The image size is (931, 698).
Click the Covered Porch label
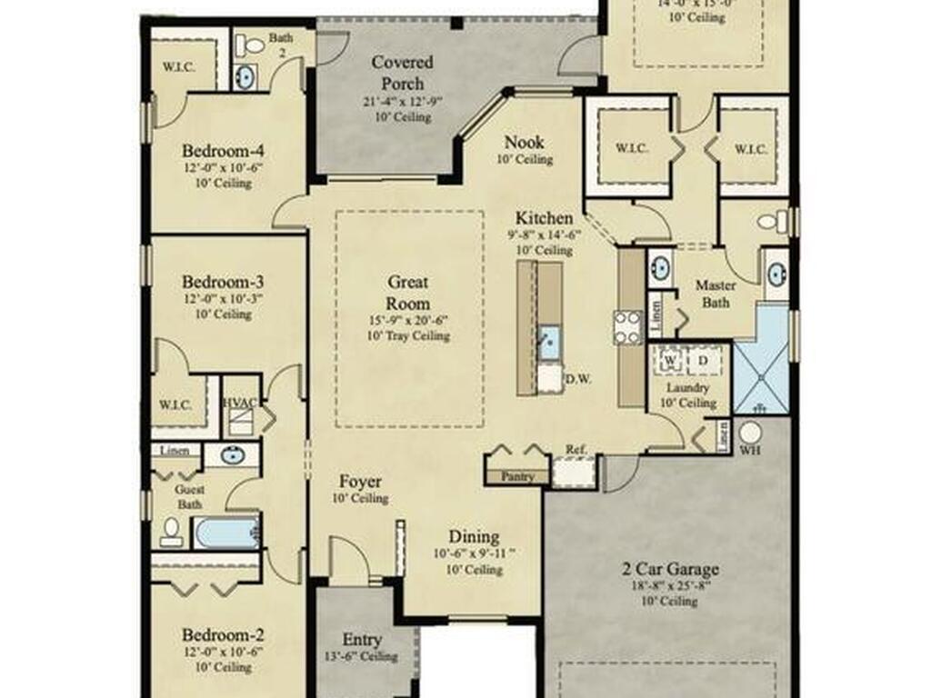click(402, 73)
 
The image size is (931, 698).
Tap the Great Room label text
click(408, 293)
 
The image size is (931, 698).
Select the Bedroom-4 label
click(224, 151)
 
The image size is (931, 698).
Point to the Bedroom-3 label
click(224, 281)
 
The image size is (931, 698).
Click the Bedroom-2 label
click(224, 634)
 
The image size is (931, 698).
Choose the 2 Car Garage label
click(670, 570)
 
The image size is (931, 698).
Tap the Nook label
click(525, 142)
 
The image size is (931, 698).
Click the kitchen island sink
click(548, 344)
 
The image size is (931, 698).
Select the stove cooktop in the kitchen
click(627, 327)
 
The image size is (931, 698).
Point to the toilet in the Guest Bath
click(171, 533)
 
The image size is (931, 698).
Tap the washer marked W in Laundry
click(671, 361)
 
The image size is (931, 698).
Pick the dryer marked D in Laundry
click(703, 361)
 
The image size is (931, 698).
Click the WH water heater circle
click(750, 433)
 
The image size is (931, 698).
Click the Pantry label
click(516, 475)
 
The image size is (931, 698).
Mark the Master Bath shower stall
click(761, 359)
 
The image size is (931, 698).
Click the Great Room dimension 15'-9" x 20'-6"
click(408, 320)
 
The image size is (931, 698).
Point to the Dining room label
click(474, 536)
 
